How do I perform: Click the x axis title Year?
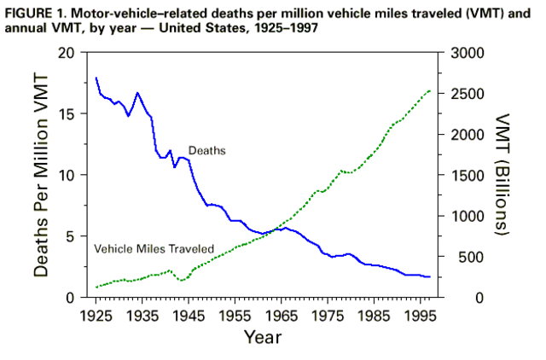coord(264,338)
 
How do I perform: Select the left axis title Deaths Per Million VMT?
coord(42,175)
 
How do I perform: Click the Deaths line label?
coord(206,150)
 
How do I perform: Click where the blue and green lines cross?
coord(271,231)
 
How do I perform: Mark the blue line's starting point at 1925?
coord(96,78)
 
